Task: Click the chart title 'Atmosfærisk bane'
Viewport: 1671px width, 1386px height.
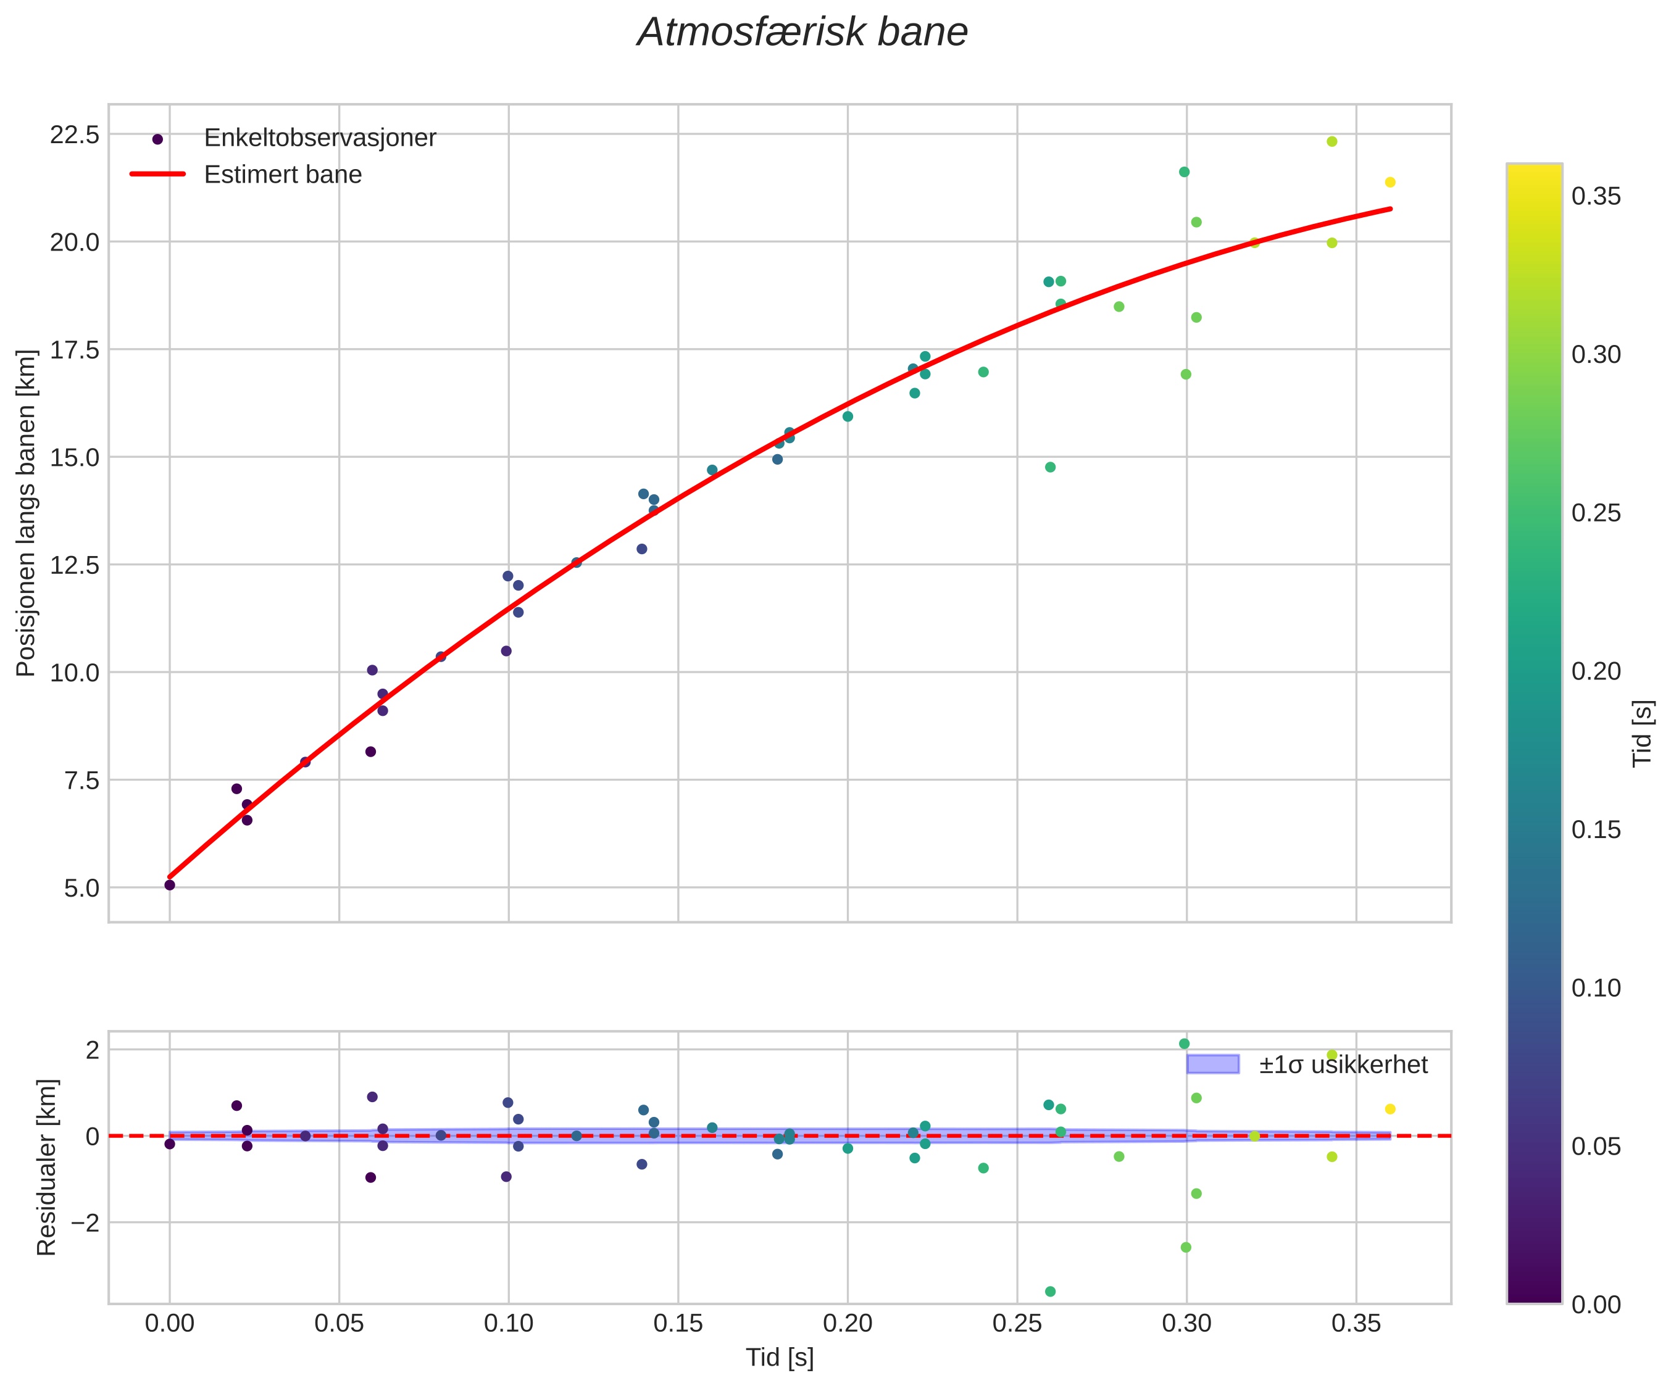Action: tap(802, 33)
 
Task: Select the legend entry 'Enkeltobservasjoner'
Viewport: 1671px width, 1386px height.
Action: tap(320, 138)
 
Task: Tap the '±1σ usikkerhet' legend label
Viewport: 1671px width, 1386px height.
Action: tap(1343, 1064)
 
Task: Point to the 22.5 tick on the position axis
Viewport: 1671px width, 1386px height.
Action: tap(75, 135)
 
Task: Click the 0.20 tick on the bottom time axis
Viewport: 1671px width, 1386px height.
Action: tap(848, 1324)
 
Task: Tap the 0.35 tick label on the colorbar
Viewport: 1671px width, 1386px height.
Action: tap(1596, 196)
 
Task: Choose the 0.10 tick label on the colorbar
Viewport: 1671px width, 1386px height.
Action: tap(1596, 988)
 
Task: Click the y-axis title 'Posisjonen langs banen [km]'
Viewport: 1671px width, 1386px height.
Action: tap(27, 513)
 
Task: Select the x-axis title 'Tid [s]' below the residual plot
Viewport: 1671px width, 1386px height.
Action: tap(780, 1358)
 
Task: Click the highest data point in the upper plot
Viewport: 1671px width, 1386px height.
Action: tap(1332, 141)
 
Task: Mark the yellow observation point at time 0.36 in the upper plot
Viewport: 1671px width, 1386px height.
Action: tap(1390, 182)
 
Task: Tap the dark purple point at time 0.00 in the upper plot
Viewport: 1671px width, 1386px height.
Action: tap(170, 885)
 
